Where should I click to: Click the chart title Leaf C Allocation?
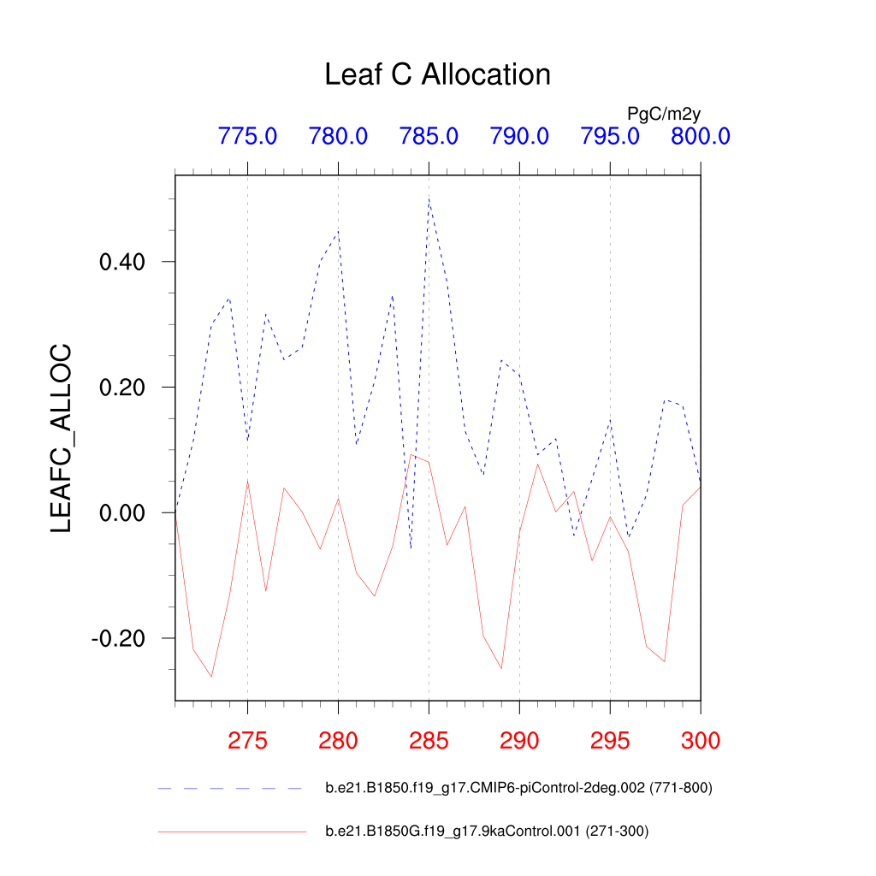click(437, 75)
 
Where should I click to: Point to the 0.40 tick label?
click(125, 262)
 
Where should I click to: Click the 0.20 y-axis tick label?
click(125, 388)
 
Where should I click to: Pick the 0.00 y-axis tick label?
click(125, 513)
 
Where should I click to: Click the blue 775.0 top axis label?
click(247, 136)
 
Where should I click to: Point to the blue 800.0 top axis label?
click(700, 136)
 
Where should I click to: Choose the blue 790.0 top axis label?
click(519, 136)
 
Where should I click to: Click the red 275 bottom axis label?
click(247, 741)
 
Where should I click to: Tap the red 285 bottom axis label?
click(429, 741)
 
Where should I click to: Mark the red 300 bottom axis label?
click(700, 741)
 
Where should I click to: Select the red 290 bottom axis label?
click(519, 741)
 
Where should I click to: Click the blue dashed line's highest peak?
click(429, 198)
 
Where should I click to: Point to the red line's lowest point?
click(211, 677)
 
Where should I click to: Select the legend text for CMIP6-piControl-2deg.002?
click(518, 788)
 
